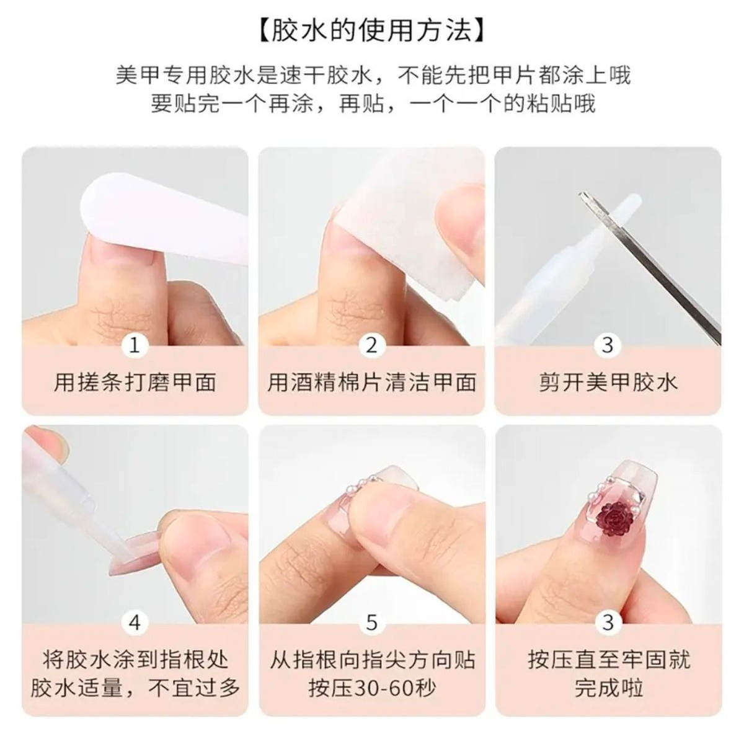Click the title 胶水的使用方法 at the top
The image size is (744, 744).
372,30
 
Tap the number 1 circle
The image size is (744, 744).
135,345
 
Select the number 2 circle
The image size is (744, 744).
371,345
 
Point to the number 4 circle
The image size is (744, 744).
135,622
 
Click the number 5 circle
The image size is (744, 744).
371,622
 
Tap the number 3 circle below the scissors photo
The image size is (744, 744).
608,345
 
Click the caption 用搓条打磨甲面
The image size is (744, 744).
135,382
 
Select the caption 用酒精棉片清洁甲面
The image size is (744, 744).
371,382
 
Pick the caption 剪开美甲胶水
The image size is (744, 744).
608,382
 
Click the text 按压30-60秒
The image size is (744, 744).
371,688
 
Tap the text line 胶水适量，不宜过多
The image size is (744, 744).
135,688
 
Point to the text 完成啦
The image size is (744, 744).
608,688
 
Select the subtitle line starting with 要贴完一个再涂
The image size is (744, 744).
372,103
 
